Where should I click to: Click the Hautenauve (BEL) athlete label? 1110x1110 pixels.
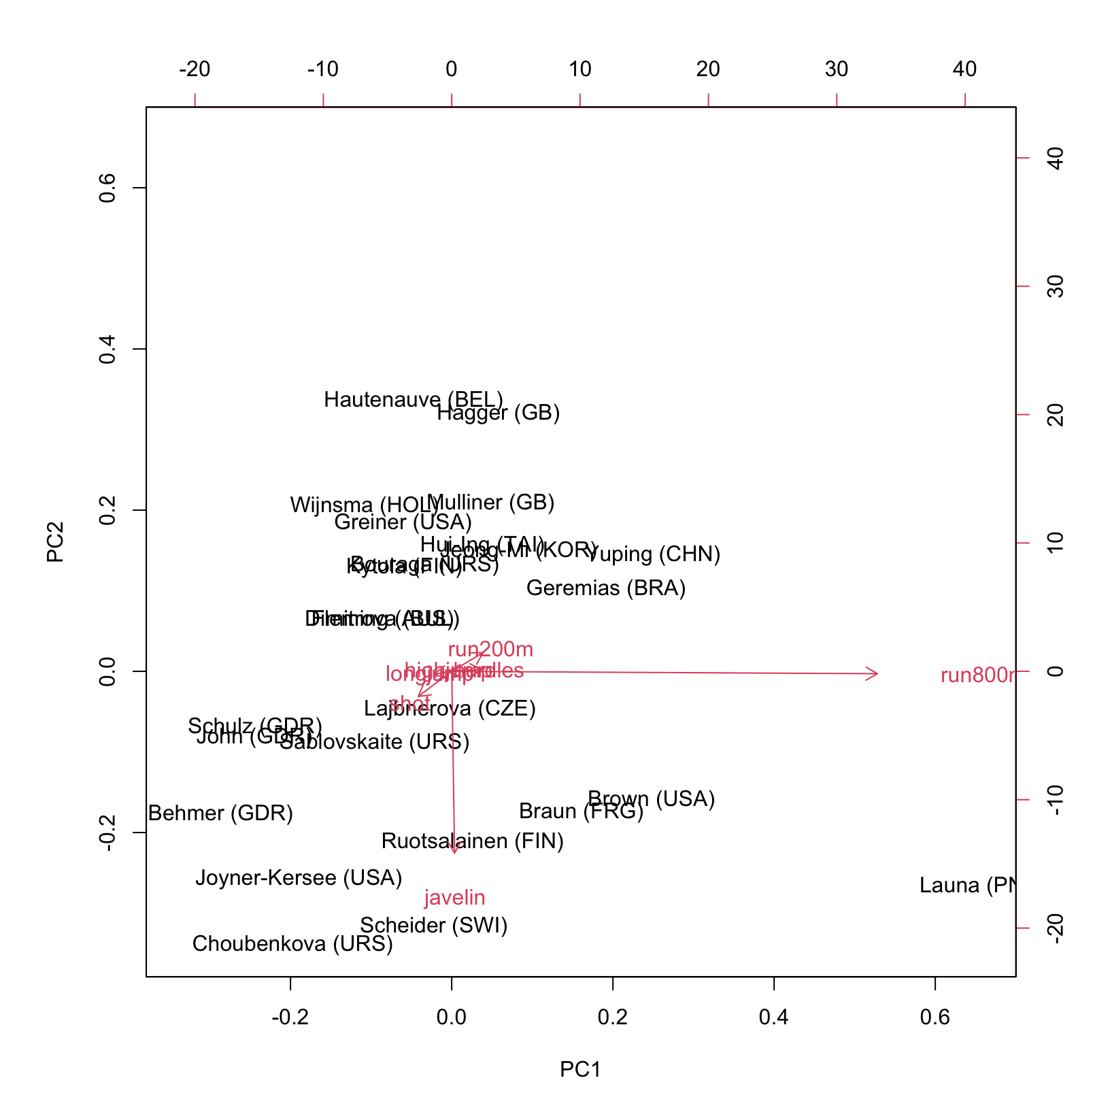tap(413, 400)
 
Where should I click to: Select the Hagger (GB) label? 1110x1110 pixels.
tap(498, 413)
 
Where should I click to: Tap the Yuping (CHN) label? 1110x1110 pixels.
tap(653, 554)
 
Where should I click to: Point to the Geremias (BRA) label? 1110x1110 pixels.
tap(605, 588)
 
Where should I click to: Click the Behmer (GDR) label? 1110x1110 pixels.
tap(220, 813)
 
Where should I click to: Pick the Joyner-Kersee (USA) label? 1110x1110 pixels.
tap(299, 878)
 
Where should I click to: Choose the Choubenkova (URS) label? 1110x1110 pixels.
tap(292, 944)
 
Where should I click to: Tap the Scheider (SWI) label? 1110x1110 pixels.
tap(433, 926)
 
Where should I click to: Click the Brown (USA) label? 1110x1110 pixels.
tap(651, 798)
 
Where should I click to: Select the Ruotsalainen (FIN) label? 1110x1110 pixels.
tap(473, 841)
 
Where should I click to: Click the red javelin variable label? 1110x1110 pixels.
tap(454, 898)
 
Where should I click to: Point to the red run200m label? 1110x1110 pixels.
tap(490, 650)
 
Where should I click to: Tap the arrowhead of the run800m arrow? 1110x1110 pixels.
tap(876, 674)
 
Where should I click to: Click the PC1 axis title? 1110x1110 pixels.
tap(580, 1070)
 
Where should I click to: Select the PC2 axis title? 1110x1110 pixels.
tap(55, 542)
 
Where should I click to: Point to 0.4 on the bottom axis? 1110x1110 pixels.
tap(774, 1017)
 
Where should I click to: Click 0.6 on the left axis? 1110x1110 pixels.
tap(108, 188)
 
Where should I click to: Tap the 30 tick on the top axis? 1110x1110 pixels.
tap(837, 69)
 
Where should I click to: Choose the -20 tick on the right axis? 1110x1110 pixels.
tap(1055, 928)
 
